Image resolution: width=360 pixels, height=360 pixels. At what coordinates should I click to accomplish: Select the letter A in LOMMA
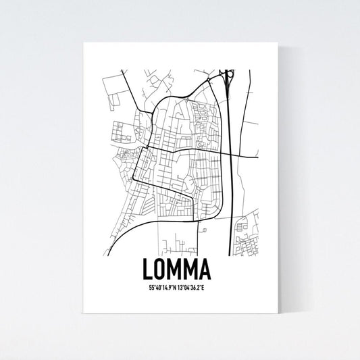tap(205, 270)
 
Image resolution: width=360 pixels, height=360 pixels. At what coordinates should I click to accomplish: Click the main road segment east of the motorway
tap(247, 157)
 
